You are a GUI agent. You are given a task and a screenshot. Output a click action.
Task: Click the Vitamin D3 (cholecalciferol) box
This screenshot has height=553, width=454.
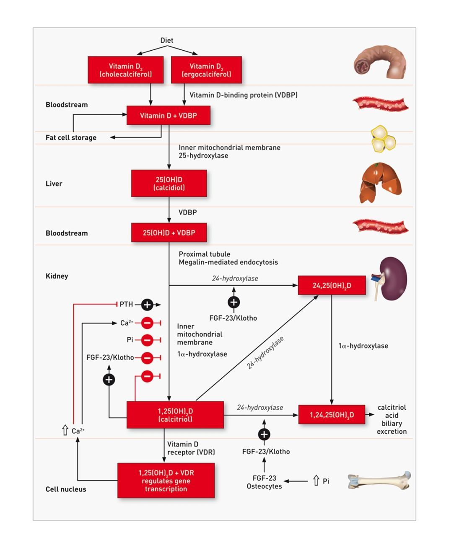pos(125,70)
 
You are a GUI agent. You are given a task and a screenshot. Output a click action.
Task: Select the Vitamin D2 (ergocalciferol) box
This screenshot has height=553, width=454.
pos(206,70)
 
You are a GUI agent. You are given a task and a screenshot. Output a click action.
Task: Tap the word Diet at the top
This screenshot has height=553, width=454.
pos(166,40)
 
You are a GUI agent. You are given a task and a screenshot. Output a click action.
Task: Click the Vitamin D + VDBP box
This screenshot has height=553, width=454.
pos(168,116)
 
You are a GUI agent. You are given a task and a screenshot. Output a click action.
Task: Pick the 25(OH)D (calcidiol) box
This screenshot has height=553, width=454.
pos(169,183)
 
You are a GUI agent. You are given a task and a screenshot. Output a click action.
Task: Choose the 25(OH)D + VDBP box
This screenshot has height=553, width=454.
pos(169,233)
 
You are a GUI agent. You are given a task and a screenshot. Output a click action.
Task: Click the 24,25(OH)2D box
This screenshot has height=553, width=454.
pos(332,285)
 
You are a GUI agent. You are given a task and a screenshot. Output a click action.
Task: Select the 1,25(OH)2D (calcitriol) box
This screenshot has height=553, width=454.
pos(175,415)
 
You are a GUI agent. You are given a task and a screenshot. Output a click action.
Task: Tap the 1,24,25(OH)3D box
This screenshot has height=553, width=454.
pos(332,415)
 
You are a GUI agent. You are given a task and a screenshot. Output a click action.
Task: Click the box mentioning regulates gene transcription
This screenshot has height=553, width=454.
pos(166,481)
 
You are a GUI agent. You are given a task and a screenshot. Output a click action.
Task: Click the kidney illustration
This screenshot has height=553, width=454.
pos(392,278)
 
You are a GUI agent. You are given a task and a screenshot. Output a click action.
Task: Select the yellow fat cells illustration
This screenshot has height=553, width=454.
pos(383,139)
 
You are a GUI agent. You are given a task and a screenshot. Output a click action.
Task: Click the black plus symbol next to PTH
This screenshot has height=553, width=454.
pos(147,305)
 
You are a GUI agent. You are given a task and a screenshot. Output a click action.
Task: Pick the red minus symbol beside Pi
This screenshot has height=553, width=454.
pos(147,340)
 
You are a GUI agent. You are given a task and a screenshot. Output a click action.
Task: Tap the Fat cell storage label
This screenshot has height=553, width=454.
pos(71,137)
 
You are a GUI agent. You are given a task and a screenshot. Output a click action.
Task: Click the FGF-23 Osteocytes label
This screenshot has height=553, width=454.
pos(264,482)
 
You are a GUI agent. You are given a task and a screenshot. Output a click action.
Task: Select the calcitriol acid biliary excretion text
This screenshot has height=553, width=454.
pos(392,419)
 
